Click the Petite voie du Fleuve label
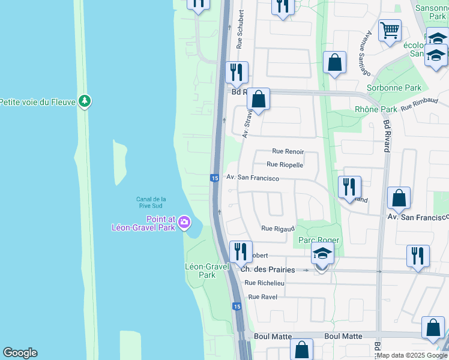coord(37,102)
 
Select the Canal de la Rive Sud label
coord(151,202)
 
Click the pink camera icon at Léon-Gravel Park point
coord(184,223)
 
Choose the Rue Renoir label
coord(288,152)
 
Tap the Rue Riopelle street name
coord(285,164)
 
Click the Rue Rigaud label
coord(278,229)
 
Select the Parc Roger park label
coord(319,240)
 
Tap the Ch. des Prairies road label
coord(268,270)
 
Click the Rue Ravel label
coord(262,297)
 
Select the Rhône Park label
coord(376,109)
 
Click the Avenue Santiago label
coord(365,53)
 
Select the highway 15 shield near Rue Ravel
coord(237,307)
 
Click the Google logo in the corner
coord(20,353)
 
